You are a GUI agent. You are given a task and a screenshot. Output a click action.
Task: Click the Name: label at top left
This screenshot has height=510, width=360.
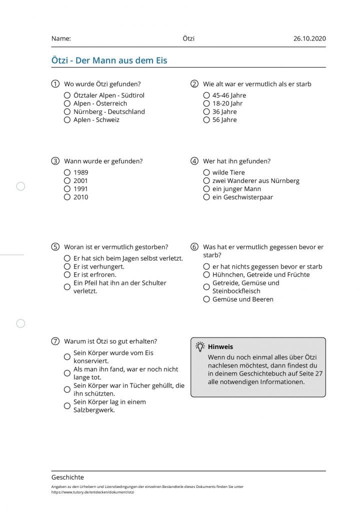(x=61, y=38)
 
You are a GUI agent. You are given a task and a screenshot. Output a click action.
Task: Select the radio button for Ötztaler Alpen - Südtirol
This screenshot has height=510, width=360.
(x=67, y=95)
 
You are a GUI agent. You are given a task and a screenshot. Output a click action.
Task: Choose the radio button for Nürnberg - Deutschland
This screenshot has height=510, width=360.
(x=67, y=111)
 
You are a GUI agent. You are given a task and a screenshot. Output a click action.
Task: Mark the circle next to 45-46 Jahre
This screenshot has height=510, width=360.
(x=206, y=95)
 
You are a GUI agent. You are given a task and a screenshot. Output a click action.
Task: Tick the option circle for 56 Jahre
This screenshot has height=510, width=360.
(x=206, y=120)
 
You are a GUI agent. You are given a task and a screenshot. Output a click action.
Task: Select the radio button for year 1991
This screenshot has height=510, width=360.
(x=67, y=189)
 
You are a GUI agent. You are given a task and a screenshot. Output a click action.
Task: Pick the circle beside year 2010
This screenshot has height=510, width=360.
(x=67, y=197)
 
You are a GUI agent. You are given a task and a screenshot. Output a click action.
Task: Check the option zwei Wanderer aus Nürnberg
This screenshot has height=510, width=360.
(x=206, y=180)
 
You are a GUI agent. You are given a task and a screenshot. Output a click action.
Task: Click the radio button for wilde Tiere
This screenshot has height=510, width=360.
(x=206, y=172)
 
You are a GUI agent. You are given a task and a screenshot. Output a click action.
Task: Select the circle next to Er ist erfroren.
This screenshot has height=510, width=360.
(x=67, y=274)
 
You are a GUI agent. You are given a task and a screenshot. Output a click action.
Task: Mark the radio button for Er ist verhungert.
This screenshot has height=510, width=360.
(x=67, y=266)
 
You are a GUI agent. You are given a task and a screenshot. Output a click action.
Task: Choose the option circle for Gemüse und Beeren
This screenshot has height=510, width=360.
(x=206, y=299)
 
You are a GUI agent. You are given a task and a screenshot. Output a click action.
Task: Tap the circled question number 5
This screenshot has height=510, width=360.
(x=55, y=247)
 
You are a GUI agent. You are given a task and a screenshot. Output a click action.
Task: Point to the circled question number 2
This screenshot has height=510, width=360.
(x=194, y=84)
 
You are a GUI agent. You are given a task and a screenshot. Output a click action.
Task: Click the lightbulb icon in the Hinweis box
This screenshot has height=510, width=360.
(x=200, y=346)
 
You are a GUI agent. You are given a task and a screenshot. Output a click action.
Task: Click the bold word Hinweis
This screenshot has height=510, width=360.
(x=220, y=346)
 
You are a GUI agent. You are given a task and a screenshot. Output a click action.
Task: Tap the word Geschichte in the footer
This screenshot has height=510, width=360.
(x=67, y=477)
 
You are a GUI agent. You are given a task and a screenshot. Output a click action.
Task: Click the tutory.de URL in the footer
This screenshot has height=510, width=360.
(x=93, y=492)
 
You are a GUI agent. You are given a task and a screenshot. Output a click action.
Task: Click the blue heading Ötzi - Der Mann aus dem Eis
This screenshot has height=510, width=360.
(x=109, y=60)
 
